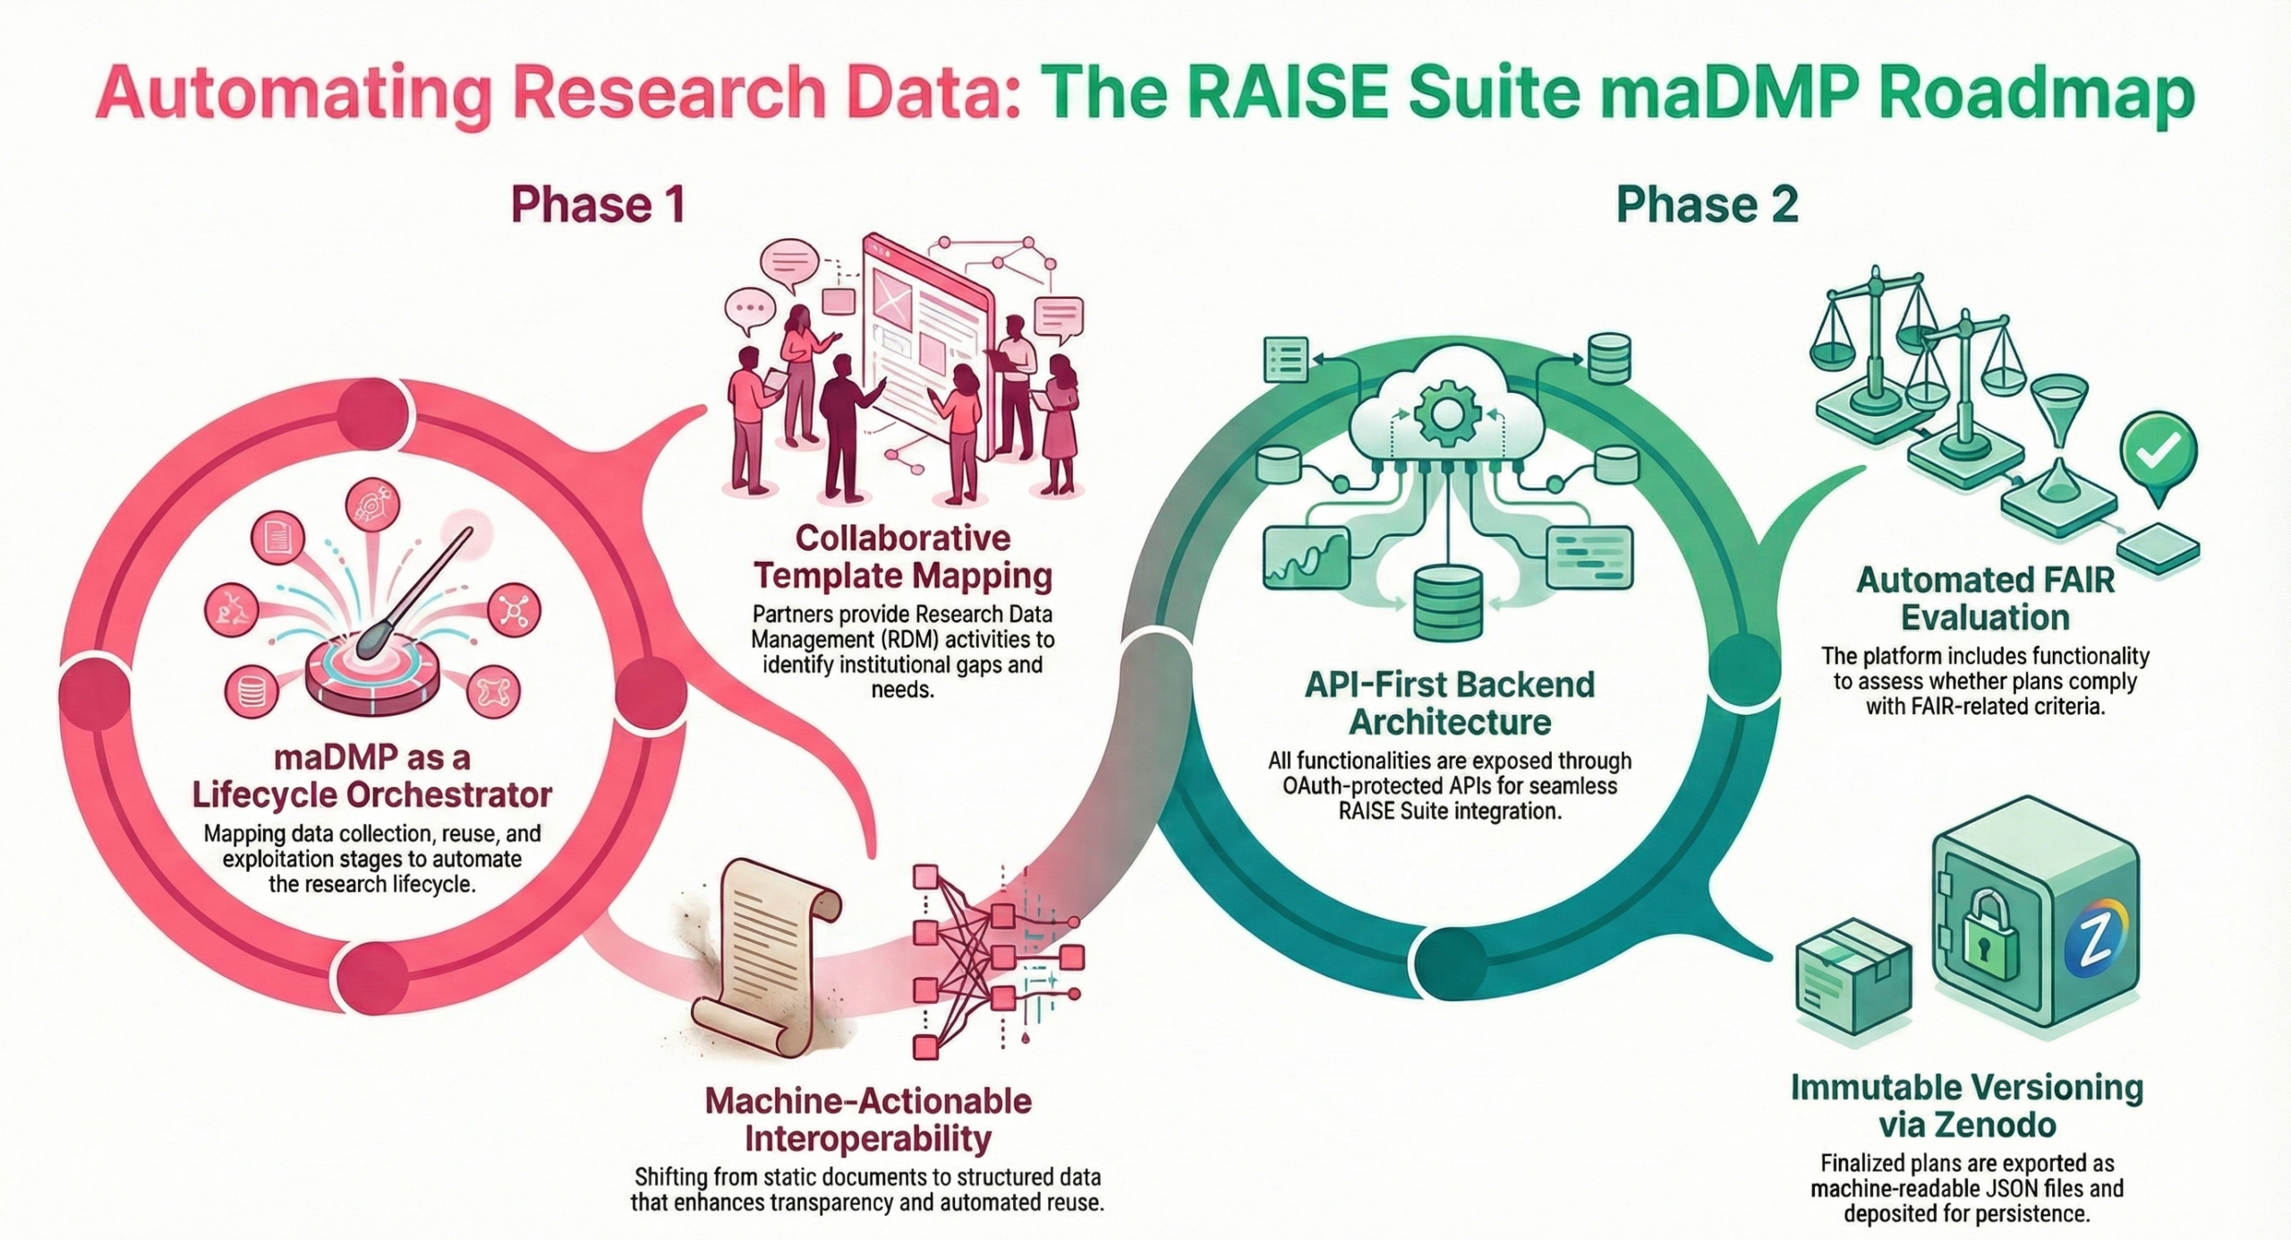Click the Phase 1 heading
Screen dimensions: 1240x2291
[x=597, y=205]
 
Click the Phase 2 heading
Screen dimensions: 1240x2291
[x=1707, y=205]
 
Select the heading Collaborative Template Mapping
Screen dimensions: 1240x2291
[x=902, y=556]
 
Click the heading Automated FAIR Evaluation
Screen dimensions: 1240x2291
[x=1985, y=599]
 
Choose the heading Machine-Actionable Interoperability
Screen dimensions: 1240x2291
[x=867, y=1118]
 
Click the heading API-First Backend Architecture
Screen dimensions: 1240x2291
[x=1450, y=702]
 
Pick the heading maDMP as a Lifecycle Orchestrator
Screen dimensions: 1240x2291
[x=372, y=776]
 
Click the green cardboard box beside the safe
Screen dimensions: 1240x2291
[x=1852, y=992]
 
